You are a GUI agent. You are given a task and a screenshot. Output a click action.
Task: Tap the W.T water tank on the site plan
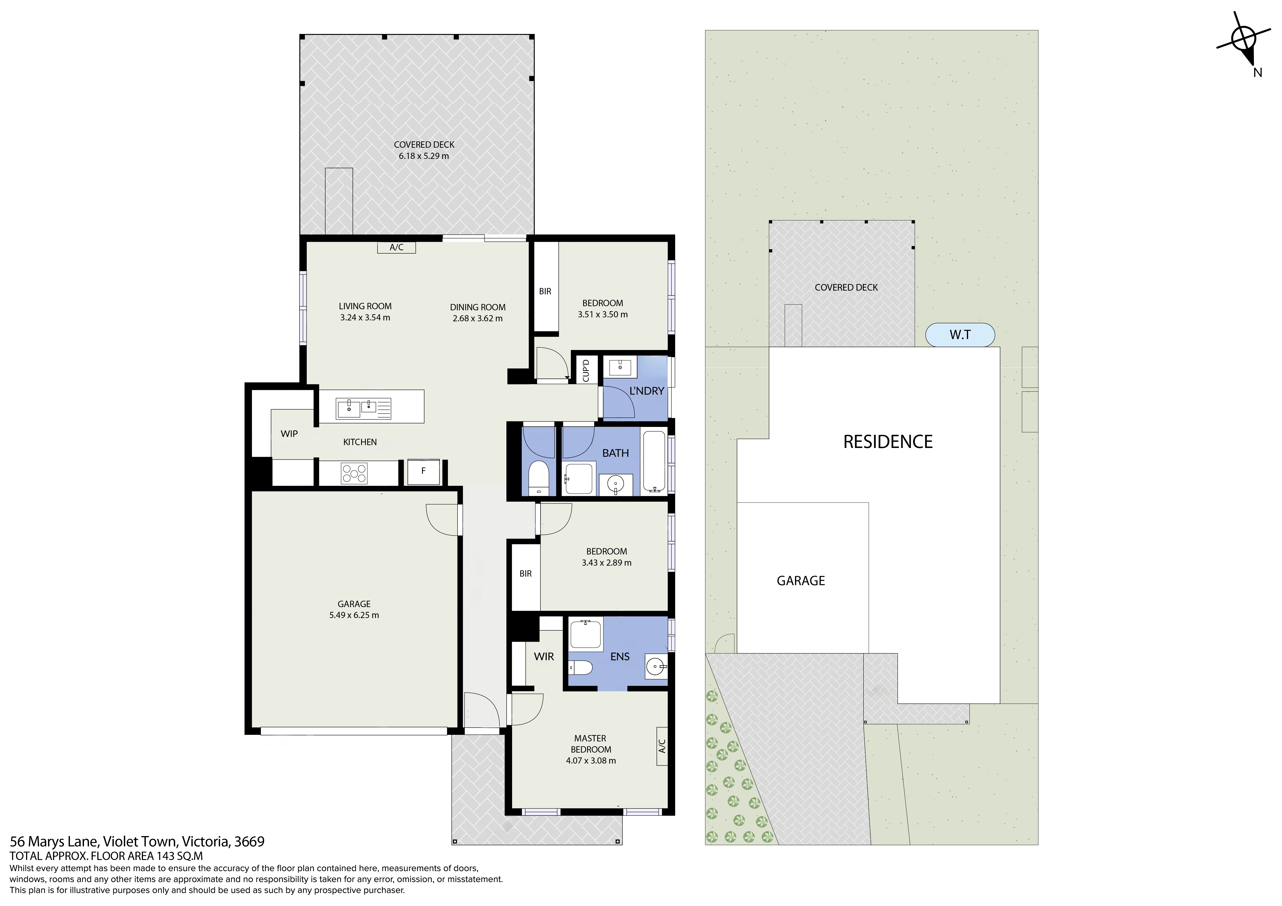point(960,335)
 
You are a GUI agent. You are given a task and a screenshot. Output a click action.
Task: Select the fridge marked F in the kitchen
point(423,472)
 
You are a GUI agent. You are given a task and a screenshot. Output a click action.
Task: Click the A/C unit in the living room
point(396,247)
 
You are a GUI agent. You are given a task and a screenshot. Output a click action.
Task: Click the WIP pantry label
point(289,434)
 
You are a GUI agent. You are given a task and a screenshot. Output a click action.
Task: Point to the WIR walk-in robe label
point(544,656)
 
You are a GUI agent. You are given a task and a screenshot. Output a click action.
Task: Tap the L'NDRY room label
point(646,391)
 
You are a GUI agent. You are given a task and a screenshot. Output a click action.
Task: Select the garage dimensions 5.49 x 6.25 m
point(354,615)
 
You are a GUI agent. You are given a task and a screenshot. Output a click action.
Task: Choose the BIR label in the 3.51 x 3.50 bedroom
point(545,291)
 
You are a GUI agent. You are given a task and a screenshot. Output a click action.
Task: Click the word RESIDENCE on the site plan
point(888,442)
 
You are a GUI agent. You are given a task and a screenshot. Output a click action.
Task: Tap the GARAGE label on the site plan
point(801,581)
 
